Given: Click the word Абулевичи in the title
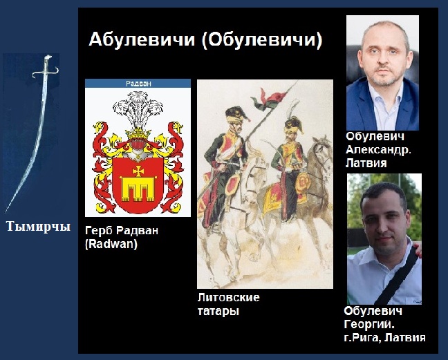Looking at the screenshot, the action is pos(142,39).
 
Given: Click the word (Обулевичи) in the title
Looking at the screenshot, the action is pos(262,40).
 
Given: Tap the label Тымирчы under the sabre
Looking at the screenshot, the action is pos(38,227).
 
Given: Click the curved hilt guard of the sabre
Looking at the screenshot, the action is pos(46,73).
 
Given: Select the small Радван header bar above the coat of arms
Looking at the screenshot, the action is pos(138,84).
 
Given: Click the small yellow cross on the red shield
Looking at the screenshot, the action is pos(138,171).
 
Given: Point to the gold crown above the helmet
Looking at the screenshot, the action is pos(138,133).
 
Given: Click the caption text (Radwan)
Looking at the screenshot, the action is pos(111,244).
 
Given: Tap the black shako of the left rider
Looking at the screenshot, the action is pos(236,114).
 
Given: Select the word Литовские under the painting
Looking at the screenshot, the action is pos(229,298).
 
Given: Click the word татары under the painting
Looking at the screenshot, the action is pos(218,311).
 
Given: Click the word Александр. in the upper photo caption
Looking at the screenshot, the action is pos(379,150).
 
